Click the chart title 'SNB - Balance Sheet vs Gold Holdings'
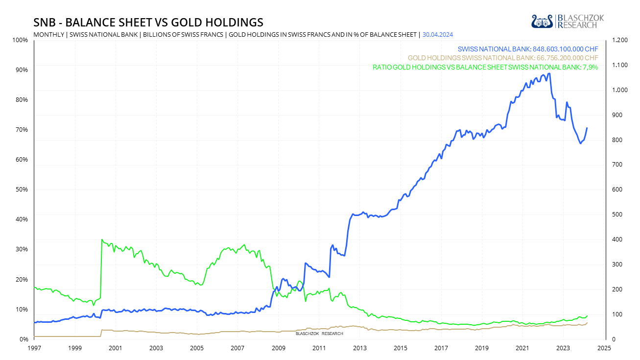click(148, 23)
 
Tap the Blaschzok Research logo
click(568, 21)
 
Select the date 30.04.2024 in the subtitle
click(438, 34)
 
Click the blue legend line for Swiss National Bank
click(528, 49)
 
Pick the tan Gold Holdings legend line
click(503, 58)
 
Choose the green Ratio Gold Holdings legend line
click(485, 67)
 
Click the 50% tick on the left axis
click(22, 190)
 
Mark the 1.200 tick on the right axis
click(617, 40)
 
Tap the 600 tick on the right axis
click(616, 190)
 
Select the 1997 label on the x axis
click(34, 348)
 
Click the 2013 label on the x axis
click(359, 348)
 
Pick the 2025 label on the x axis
click(603, 348)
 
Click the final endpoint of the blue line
click(587, 128)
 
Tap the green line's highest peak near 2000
click(102, 240)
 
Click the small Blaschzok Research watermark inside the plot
click(319, 334)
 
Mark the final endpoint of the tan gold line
click(587, 322)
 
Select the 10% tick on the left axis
click(22, 310)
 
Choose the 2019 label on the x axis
click(482, 348)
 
